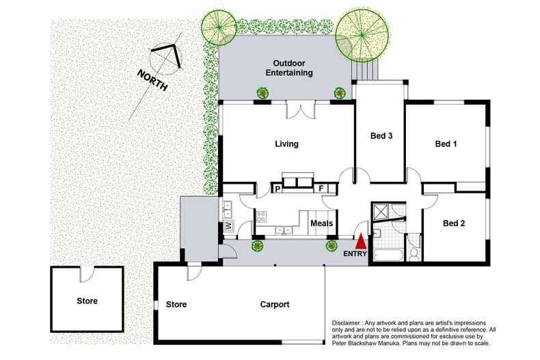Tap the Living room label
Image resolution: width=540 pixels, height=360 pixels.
[286, 144]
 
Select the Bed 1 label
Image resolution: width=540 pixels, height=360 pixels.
[446, 144]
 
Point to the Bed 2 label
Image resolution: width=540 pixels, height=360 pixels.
[454, 223]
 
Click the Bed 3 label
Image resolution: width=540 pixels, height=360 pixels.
[381, 136]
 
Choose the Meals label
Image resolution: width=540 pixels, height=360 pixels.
[322, 223]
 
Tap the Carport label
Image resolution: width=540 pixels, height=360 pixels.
[274, 305]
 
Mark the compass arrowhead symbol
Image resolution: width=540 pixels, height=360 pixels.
[168, 56]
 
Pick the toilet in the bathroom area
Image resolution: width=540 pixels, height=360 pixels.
[414, 252]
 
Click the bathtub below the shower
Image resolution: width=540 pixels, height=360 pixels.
[386, 257]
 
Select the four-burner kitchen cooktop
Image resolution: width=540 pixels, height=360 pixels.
[261, 217]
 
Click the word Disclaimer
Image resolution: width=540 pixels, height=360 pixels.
[349, 323]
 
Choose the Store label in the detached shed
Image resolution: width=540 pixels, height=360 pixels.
[87, 301]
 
